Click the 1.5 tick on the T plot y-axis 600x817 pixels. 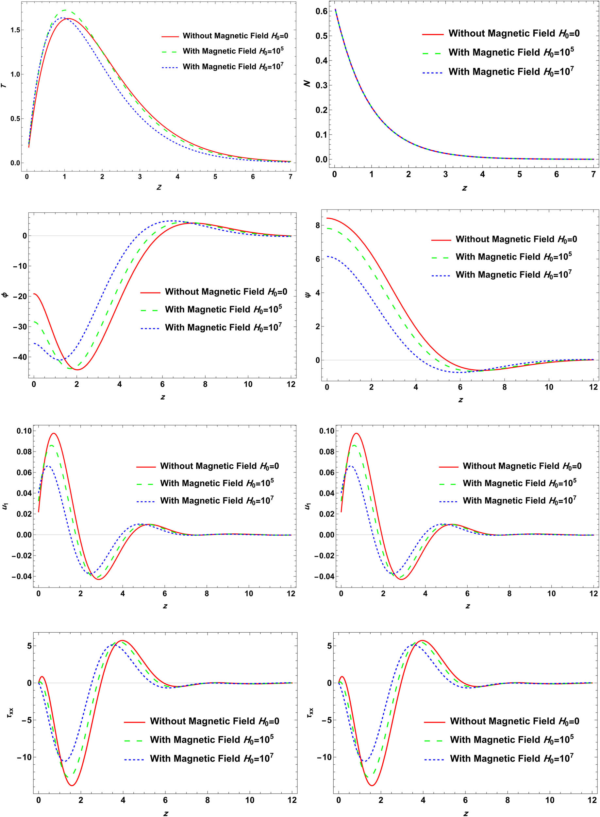click(15, 30)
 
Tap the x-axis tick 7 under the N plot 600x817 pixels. click(593, 174)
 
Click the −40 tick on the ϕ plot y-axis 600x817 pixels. click(20, 357)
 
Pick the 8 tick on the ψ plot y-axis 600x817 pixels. click(317, 225)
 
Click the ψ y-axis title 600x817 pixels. click(308, 295)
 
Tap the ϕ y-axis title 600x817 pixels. click(5, 295)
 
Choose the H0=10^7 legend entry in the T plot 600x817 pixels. click(232, 67)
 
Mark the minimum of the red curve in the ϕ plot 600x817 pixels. click(77, 370)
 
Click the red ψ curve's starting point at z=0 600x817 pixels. click(327, 218)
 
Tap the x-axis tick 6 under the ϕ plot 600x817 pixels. click(162, 385)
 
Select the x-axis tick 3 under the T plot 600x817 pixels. click(140, 177)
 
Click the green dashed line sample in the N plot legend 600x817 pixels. click(433, 53)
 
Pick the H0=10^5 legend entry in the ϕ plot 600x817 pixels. click(223, 309)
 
